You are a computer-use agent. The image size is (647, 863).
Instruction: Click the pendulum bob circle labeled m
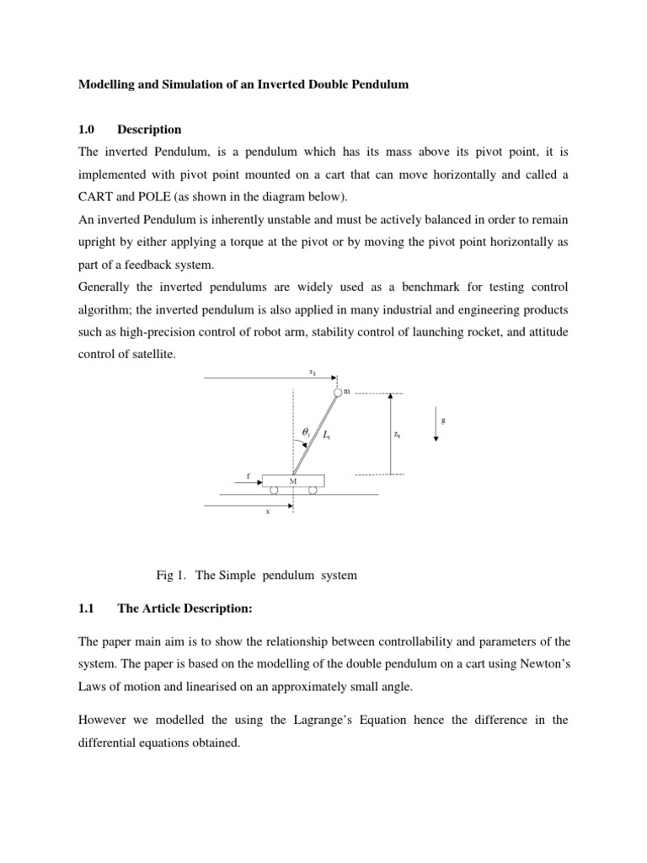(338, 393)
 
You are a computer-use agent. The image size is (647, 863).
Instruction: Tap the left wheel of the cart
(274, 489)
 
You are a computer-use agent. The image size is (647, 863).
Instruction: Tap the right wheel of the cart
(313, 489)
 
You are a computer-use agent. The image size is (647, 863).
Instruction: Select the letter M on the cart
(293, 480)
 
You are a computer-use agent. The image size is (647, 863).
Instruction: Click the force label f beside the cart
(248, 476)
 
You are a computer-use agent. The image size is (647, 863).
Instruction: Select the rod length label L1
(326, 434)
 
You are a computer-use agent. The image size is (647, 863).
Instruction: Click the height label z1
(397, 435)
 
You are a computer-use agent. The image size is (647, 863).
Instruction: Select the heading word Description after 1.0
(149, 130)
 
